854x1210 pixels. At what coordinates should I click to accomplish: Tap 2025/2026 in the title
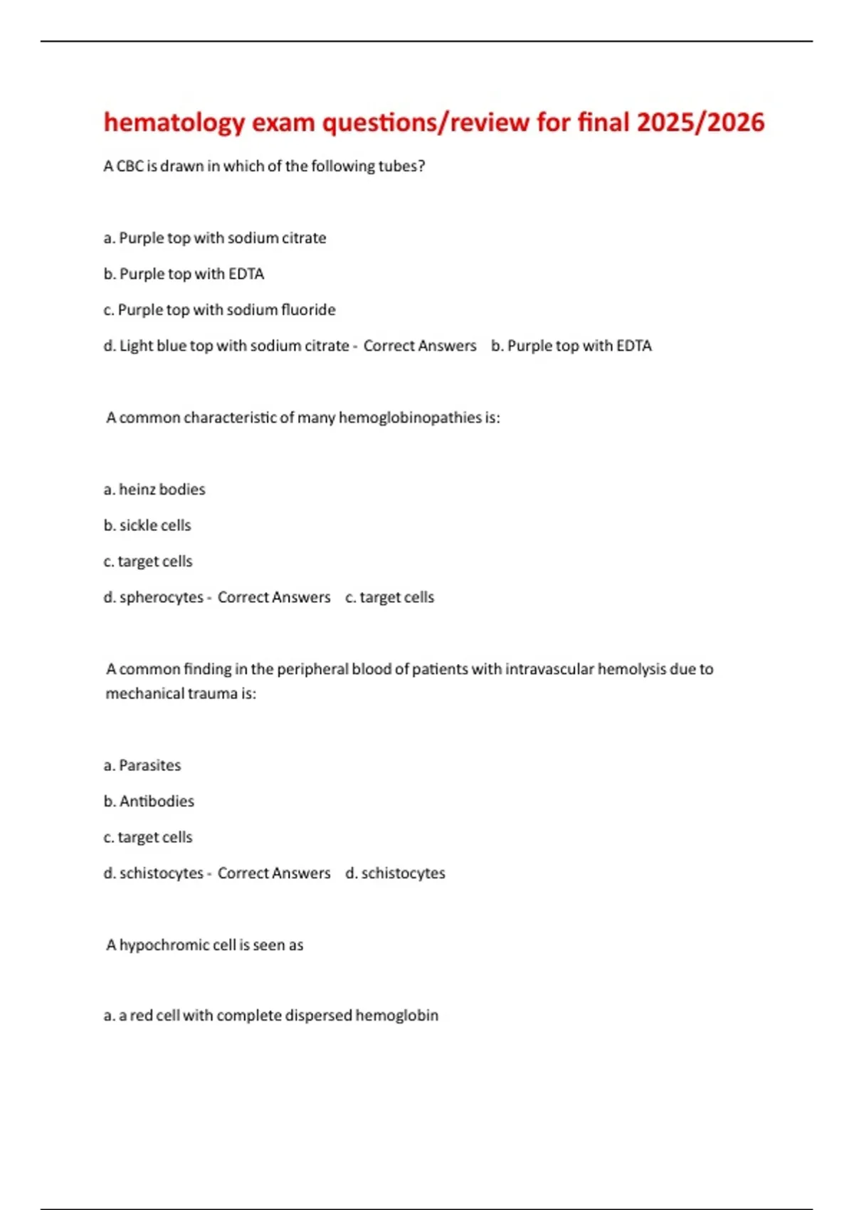(x=700, y=122)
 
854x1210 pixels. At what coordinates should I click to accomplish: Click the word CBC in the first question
(x=130, y=166)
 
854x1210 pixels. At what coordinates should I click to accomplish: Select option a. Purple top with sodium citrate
(x=215, y=238)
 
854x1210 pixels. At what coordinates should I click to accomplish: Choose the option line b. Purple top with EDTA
(x=184, y=274)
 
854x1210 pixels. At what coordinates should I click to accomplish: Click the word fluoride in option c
(x=307, y=310)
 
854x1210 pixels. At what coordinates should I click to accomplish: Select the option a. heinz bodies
(x=154, y=490)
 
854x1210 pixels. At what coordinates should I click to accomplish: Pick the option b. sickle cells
(x=147, y=525)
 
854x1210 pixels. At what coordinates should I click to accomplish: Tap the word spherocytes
(x=162, y=597)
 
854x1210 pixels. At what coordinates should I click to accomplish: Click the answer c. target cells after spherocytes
(x=389, y=597)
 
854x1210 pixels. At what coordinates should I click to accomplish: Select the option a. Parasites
(x=142, y=765)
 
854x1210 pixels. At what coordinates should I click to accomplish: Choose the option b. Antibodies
(x=149, y=801)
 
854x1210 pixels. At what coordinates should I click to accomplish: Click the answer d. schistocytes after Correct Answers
(x=395, y=873)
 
